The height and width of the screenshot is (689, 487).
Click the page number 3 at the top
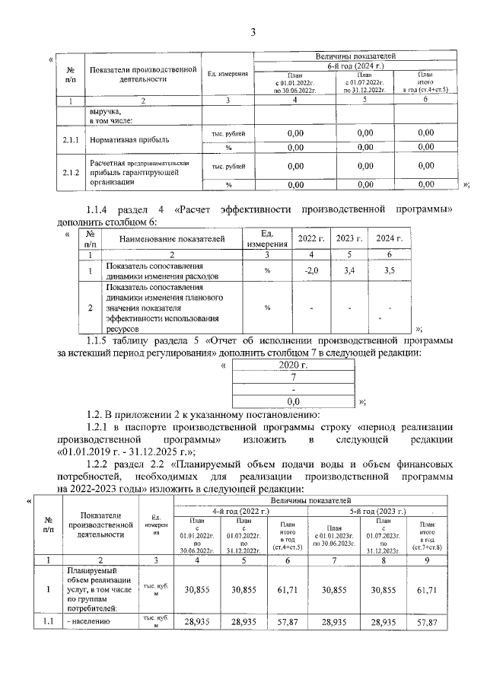pyautogui.click(x=253, y=31)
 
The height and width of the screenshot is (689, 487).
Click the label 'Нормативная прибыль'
pyautogui.click(x=126, y=140)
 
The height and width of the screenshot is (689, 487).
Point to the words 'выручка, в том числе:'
pyautogui.click(x=111, y=116)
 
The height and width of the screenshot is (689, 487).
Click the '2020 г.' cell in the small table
pyautogui.click(x=292, y=365)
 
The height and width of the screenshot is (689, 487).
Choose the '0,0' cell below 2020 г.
pyautogui.click(x=292, y=399)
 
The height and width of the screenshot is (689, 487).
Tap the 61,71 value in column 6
pyautogui.click(x=286, y=589)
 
